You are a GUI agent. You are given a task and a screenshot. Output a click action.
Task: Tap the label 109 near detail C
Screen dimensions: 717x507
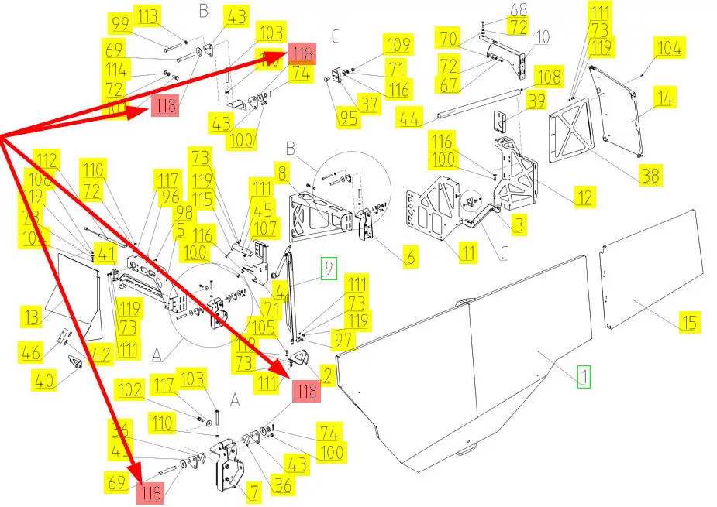coord(398,45)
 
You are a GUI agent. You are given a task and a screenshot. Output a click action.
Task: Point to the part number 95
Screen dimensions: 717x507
coord(347,118)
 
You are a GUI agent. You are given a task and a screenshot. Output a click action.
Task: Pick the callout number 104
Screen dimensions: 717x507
coord(670,48)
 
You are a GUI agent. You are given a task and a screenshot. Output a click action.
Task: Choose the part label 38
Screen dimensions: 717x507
coord(651,176)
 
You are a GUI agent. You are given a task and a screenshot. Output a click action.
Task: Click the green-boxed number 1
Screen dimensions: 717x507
coord(584,377)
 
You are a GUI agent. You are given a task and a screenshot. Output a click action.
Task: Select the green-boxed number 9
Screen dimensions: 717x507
coord(329,269)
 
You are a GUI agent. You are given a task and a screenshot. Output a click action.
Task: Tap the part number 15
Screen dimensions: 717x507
coord(688,321)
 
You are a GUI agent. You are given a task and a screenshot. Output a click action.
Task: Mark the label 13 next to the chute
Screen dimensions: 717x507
coord(32,317)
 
